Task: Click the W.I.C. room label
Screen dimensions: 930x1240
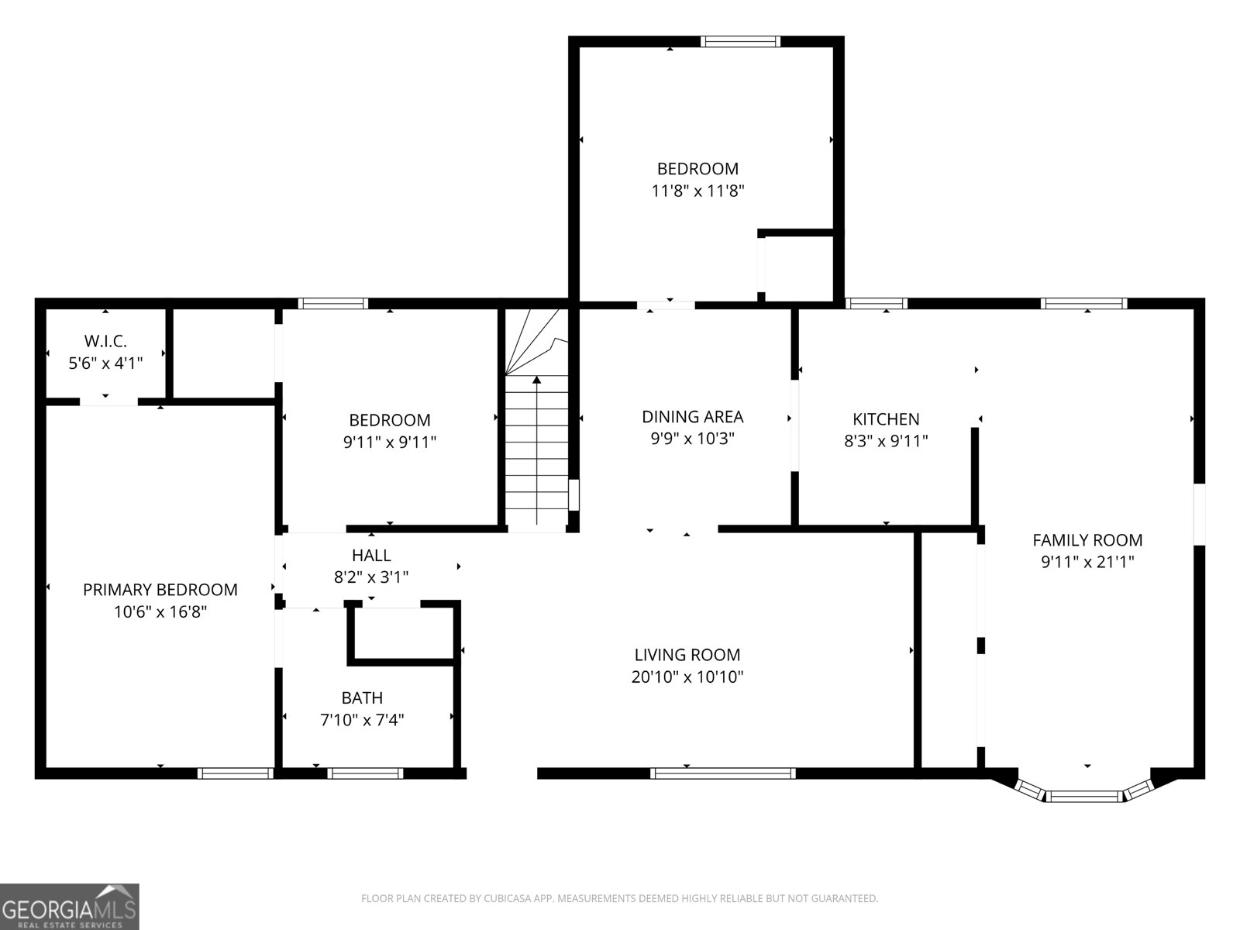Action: (105, 340)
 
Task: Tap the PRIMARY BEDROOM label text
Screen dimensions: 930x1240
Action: (160, 590)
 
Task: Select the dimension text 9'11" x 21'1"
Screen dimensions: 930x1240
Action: (1087, 562)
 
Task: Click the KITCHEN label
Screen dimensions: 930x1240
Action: (886, 419)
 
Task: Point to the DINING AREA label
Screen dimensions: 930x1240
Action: (692, 417)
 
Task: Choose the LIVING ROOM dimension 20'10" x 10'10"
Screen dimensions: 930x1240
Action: (687, 677)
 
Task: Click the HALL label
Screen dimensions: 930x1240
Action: (371, 555)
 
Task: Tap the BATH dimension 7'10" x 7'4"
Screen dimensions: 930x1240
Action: (362, 720)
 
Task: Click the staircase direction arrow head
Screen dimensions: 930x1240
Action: (536, 380)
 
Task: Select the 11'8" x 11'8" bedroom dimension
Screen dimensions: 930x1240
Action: (697, 191)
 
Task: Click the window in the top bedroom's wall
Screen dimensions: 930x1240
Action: (739, 42)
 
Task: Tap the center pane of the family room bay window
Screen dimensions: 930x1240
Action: (1084, 795)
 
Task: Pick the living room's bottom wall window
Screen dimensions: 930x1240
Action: (722, 773)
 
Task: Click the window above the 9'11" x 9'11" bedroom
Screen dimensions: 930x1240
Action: (333, 304)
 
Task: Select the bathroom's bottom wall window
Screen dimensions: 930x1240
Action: (365, 773)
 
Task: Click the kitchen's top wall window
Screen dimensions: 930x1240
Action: (876, 304)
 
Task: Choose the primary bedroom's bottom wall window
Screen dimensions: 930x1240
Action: (235, 773)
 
